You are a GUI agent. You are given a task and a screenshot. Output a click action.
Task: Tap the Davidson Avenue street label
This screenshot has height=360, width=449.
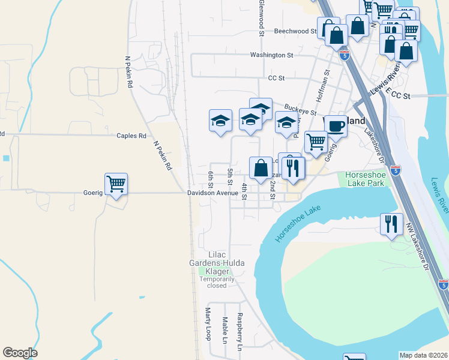(212, 193)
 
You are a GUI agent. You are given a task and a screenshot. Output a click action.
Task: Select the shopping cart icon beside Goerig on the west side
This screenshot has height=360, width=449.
(115, 184)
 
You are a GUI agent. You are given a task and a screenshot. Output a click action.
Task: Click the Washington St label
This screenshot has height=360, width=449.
(271, 55)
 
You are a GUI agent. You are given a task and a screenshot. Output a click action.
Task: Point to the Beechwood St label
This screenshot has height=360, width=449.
(295, 31)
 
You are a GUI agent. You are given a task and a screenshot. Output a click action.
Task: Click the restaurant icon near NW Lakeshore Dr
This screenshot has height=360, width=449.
(391, 224)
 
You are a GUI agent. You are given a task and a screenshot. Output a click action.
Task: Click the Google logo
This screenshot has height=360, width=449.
(20, 353)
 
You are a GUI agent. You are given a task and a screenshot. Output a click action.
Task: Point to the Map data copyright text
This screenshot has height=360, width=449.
(424, 355)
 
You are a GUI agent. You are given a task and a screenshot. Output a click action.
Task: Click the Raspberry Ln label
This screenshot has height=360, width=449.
(240, 332)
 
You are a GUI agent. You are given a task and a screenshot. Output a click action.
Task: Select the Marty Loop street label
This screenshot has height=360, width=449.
(208, 324)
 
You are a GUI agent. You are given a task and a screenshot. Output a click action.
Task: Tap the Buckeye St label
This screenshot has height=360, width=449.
(300, 110)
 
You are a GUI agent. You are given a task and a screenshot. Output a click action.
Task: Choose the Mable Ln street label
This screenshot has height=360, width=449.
(225, 330)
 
